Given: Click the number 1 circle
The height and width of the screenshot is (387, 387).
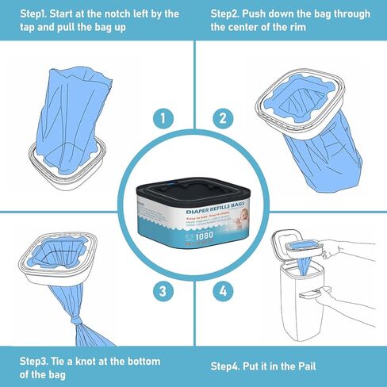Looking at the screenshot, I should coord(163,120).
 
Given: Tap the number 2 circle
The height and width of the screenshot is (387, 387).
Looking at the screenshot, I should coord(224,120).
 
